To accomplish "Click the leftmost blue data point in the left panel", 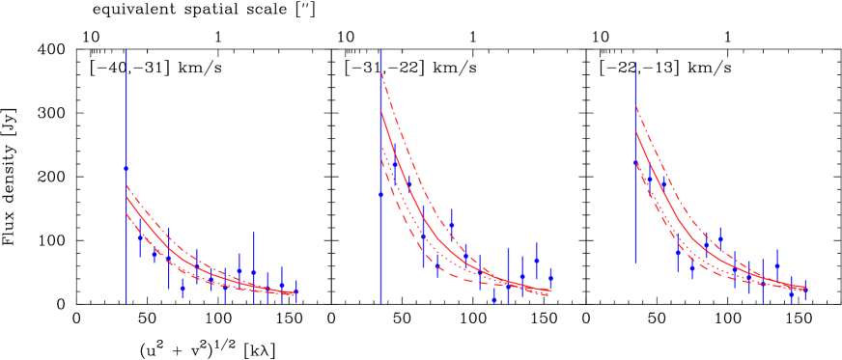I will click(x=126, y=168).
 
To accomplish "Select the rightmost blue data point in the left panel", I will click(x=296, y=291).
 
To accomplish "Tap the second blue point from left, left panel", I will click(x=140, y=237).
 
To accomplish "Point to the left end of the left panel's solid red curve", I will click(x=126, y=197).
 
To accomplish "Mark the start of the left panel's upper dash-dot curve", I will click(x=126, y=185).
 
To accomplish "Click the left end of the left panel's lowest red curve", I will click(x=126, y=211).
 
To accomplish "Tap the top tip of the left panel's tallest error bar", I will click(x=126, y=49).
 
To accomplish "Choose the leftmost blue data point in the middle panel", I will click(x=380, y=194).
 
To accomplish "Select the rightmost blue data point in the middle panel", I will click(x=550, y=278).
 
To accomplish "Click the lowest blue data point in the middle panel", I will click(x=494, y=298).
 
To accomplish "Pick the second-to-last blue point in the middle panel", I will click(x=537, y=261).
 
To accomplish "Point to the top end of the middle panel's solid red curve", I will click(x=380, y=111).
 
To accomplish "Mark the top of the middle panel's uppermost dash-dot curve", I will click(x=380, y=71).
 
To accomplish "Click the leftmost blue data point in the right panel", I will click(x=635, y=162).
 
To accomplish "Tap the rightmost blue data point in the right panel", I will click(x=805, y=287).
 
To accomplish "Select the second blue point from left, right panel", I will click(x=649, y=179).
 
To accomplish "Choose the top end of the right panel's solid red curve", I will click(x=635, y=131).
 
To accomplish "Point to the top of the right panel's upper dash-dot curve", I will click(x=635, y=105).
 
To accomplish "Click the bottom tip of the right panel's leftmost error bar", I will click(x=635, y=263).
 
